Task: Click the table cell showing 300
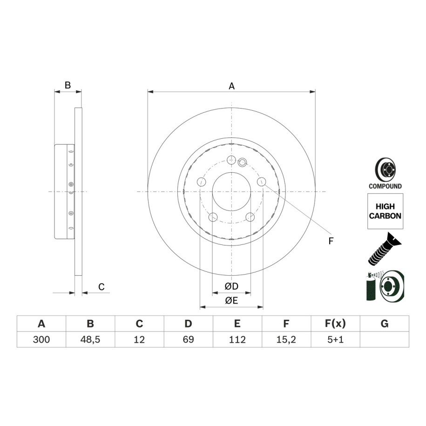[x=41, y=339]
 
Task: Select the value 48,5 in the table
[x=90, y=339]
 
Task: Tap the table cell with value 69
[x=188, y=339]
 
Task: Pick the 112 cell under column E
[x=237, y=339]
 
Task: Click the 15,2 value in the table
[x=286, y=339]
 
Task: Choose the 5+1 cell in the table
[x=335, y=339]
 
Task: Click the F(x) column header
[x=335, y=324]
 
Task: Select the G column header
[x=385, y=324]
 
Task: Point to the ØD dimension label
[x=231, y=286]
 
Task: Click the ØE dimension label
[x=231, y=300]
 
